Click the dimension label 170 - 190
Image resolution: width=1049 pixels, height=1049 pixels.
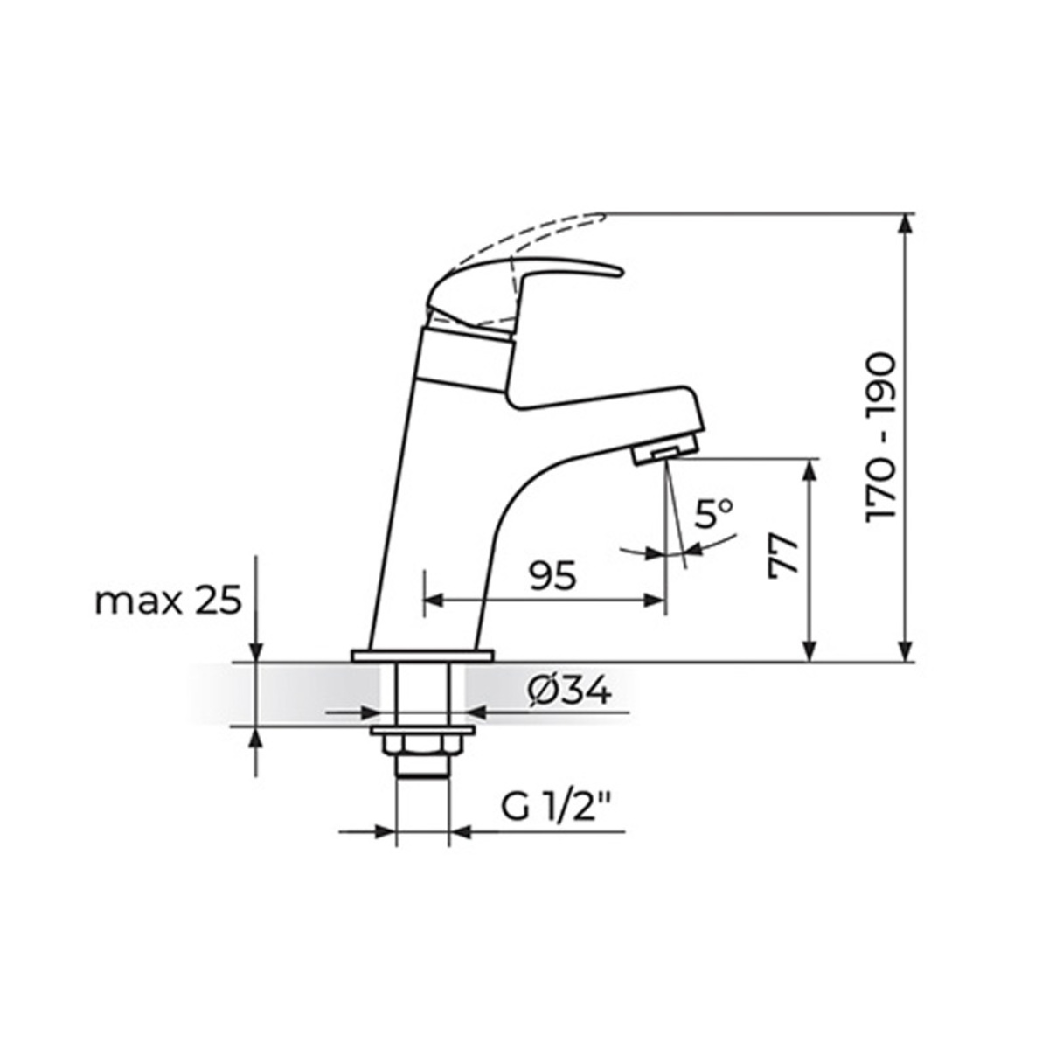(x=880, y=437)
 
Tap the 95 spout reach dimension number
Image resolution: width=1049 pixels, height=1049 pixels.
(x=552, y=576)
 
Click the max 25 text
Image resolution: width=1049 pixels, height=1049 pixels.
(x=168, y=601)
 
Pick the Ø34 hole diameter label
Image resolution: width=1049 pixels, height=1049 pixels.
(x=569, y=691)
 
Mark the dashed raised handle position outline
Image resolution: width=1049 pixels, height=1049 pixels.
(x=524, y=233)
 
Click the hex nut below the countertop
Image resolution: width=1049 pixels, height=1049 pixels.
(x=423, y=745)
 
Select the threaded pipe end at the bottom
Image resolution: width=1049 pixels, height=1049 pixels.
(x=423, y=767)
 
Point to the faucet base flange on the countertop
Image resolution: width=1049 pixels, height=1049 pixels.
(x=422, y=655)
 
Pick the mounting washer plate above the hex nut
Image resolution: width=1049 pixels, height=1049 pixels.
(x=423, y=730)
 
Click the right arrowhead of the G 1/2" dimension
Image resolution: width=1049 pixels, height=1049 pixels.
(x=459, y=831)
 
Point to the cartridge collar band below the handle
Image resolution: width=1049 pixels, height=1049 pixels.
(x=463, y=358)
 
